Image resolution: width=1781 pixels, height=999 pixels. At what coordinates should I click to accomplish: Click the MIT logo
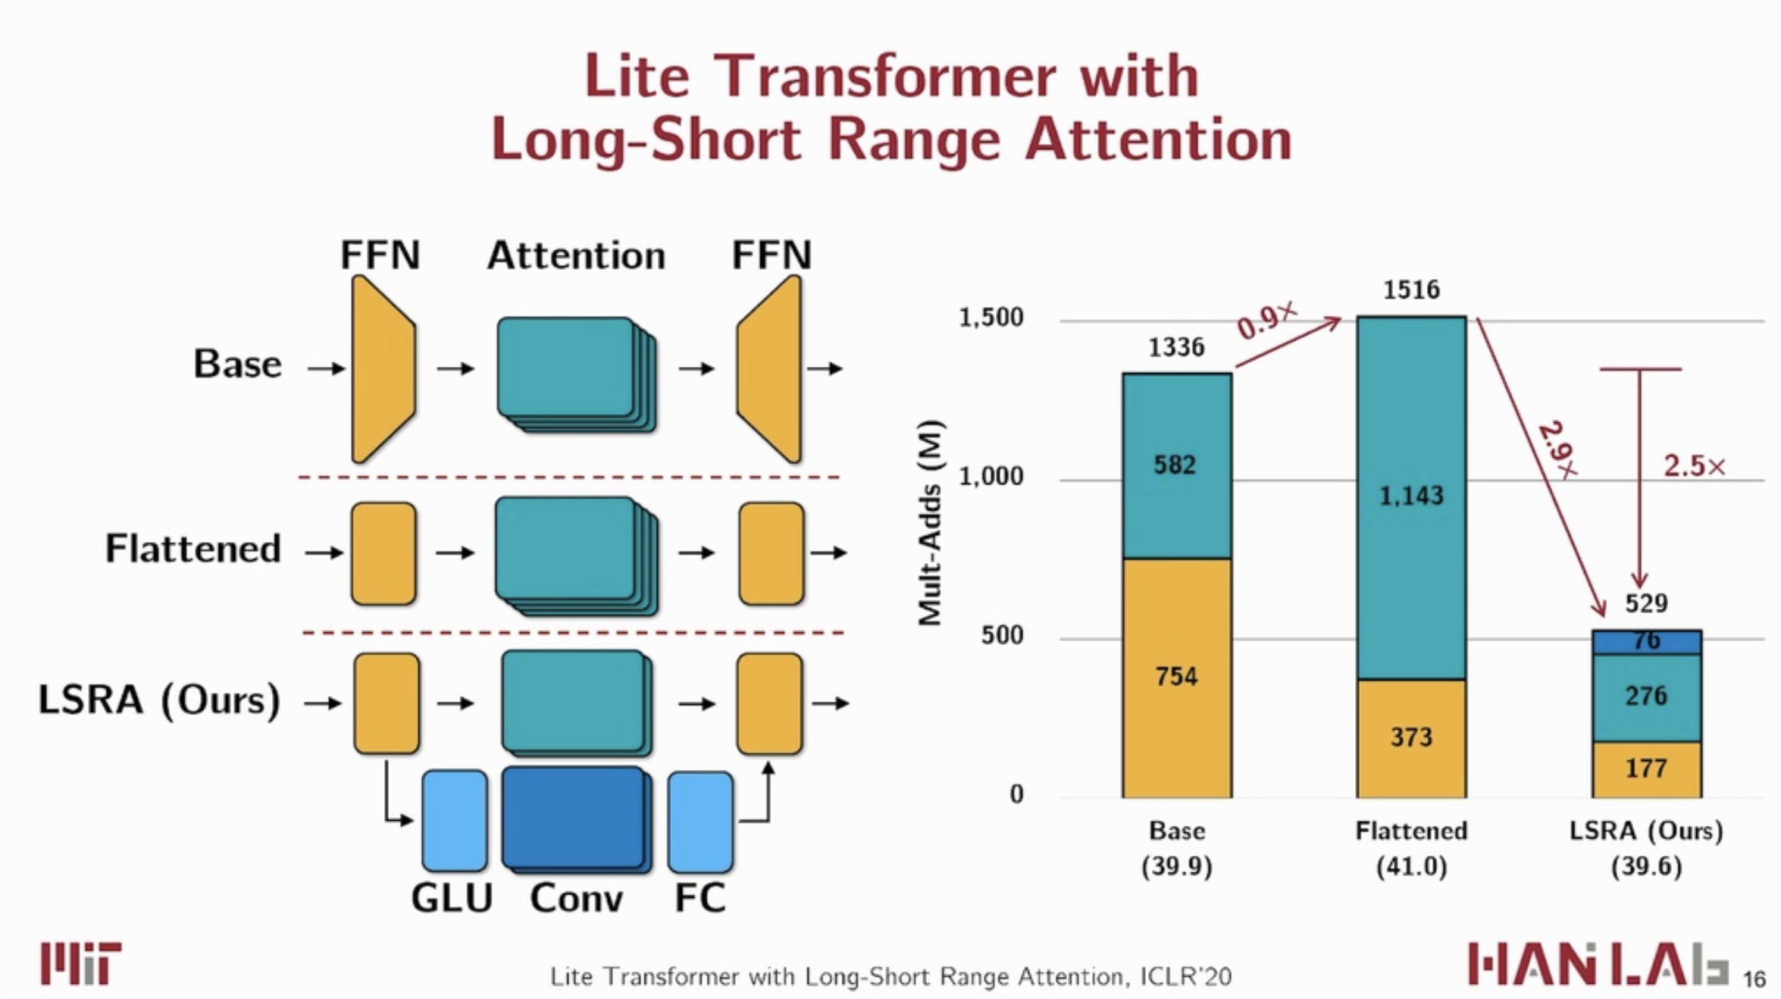click(81, 963)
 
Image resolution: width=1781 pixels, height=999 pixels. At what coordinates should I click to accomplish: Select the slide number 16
click(1754, 979)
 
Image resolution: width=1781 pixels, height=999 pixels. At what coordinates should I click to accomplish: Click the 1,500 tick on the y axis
click(991, 318)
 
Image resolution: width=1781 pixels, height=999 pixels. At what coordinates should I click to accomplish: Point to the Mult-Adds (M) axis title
click(930, 523)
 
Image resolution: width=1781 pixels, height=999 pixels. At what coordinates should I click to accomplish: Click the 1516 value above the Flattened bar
click(1411, 290)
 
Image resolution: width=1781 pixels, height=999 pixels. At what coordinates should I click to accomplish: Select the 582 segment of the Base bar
click(1177, 466)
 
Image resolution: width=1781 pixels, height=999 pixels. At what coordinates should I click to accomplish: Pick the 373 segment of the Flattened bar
click(1411, 738)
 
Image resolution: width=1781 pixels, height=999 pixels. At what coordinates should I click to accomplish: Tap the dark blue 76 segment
click(1647, 642)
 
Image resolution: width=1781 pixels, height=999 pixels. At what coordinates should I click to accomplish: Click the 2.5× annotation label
click(1695, 465)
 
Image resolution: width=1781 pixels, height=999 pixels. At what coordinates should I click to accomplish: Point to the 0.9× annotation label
click(1266, 319)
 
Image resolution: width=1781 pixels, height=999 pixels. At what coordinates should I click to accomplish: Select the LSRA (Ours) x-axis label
click(1646, 831)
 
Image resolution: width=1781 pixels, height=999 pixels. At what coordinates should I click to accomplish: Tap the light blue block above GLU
click(455, 821)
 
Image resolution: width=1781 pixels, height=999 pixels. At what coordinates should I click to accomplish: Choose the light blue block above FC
click(700, 822)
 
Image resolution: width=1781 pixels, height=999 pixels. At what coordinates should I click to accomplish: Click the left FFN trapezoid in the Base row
click(383, 369)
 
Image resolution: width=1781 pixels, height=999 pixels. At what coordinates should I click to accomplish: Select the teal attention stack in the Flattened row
click(576, 556)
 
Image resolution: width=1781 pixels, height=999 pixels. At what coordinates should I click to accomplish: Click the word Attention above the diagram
click(576, 255)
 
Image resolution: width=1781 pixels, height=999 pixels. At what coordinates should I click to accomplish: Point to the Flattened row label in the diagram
click(193, 548)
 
